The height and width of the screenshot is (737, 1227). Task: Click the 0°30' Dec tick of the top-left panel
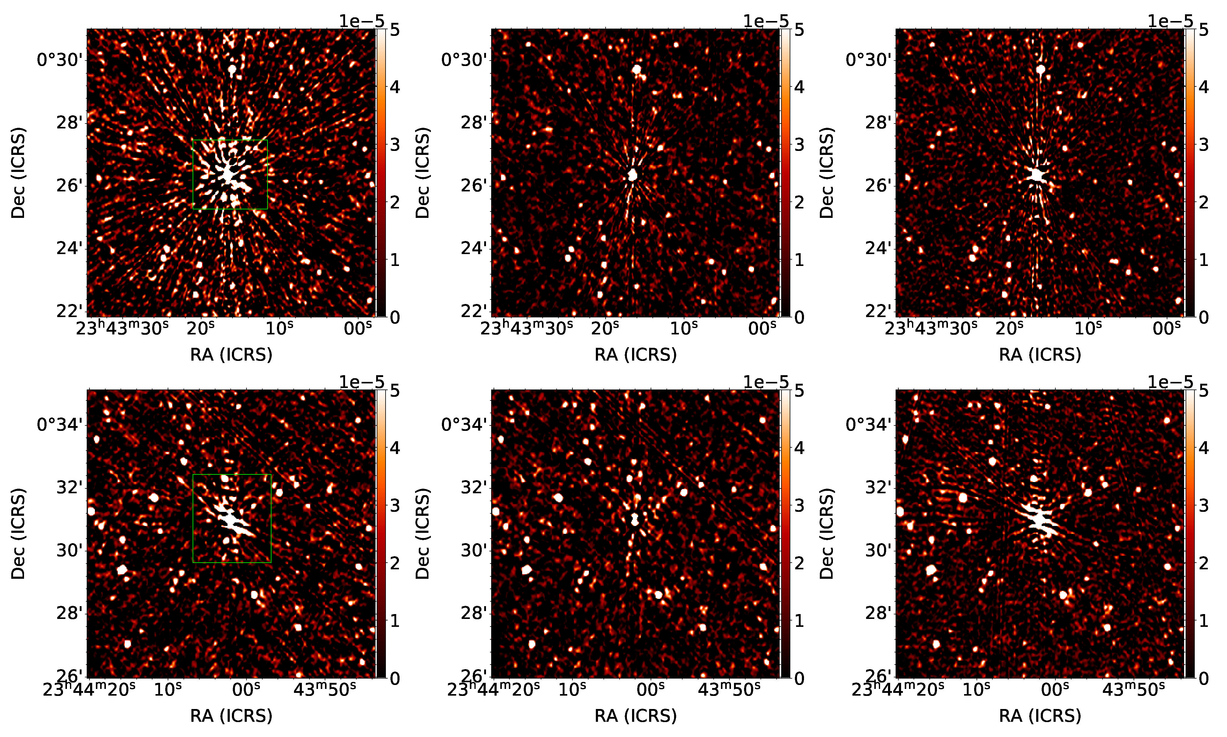pyautogui.click(x=60, y=60)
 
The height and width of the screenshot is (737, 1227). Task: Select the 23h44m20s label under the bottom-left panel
pyautogui.click(x=89, y=689)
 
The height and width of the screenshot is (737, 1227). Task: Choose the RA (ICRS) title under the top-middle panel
pyautogui.click(x=636, y=355)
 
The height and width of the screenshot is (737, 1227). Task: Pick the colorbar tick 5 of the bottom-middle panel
pyautogui.click(x=799, y=391)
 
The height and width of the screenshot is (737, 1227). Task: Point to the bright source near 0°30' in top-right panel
pyautogui.click(x=1041, y=69)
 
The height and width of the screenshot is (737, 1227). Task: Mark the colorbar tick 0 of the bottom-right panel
pyautogui.click(x=1204, y=678)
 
